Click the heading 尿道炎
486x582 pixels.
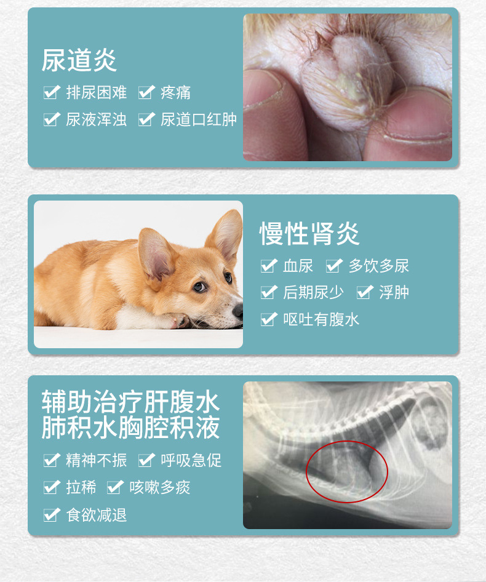click(x=79, y=60)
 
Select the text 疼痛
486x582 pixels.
click(x=175, y=93)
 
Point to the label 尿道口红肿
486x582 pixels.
click(x=198, y=119)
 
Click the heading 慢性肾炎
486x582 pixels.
click(x=309, y=234)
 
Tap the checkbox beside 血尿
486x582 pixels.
click(x=268, y=266)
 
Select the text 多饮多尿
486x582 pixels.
click(x=378, y=266)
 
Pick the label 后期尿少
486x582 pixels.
click(x=313, y=293)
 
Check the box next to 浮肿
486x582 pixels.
click(x=364, y=293)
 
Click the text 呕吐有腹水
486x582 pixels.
click(x=321, y=319)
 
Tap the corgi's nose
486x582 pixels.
click(x=237, y=312)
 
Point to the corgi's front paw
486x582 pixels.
click(x=179, y=321)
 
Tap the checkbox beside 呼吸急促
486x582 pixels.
click(x=146, y=460)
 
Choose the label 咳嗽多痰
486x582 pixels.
click(x=160, y=488)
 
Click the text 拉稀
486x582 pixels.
click(x=81, y=488)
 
